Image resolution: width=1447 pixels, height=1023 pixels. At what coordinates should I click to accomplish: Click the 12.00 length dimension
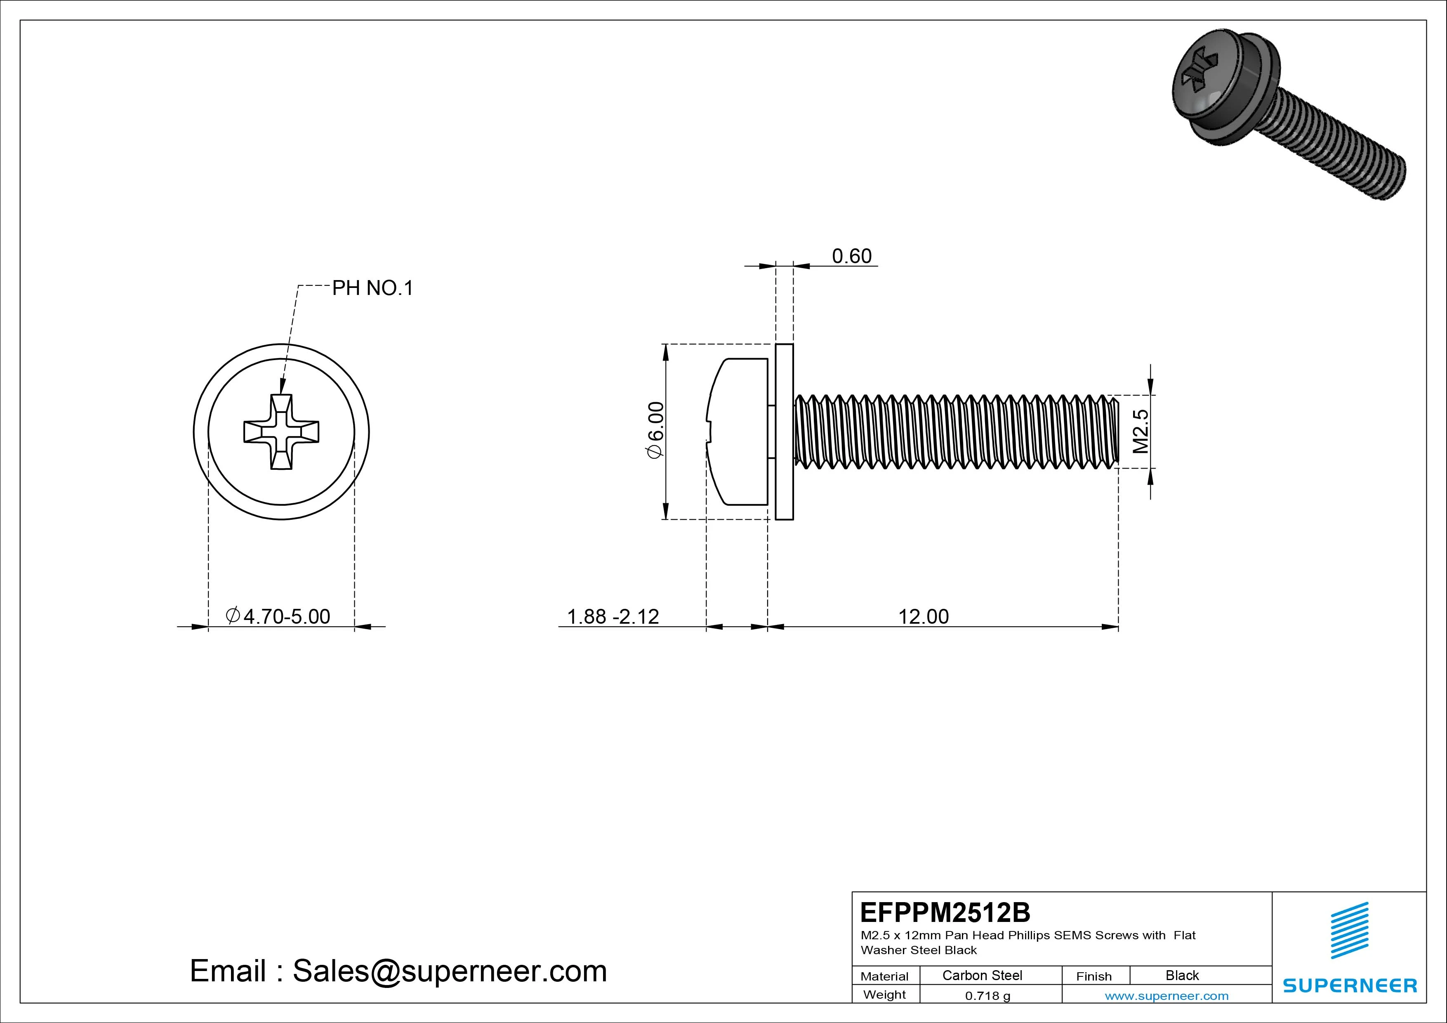point(923,616)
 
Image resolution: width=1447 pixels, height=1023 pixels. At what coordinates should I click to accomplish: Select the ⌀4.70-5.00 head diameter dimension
point(278,616)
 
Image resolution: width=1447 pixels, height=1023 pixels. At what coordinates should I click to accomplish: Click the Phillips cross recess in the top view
point(281,432)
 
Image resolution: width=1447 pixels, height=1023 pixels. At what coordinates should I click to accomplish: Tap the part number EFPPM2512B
point(945,912)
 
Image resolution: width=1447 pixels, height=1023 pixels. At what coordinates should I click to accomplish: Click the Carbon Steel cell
point(982,975)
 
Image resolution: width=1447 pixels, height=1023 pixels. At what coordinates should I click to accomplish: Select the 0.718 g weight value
point(987,996)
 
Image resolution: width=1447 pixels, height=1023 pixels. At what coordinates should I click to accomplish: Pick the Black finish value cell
point(1182,975)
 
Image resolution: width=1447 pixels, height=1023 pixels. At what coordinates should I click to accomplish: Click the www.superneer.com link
point(1167,996)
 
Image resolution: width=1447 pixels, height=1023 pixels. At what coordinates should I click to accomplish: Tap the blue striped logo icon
point(1349,930)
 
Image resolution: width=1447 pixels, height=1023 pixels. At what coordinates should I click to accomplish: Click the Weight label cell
point(884,995)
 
